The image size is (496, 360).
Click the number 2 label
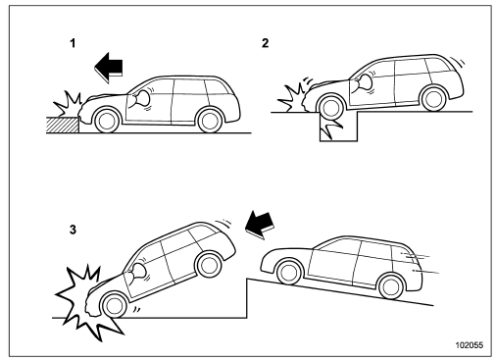coord(281,45)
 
